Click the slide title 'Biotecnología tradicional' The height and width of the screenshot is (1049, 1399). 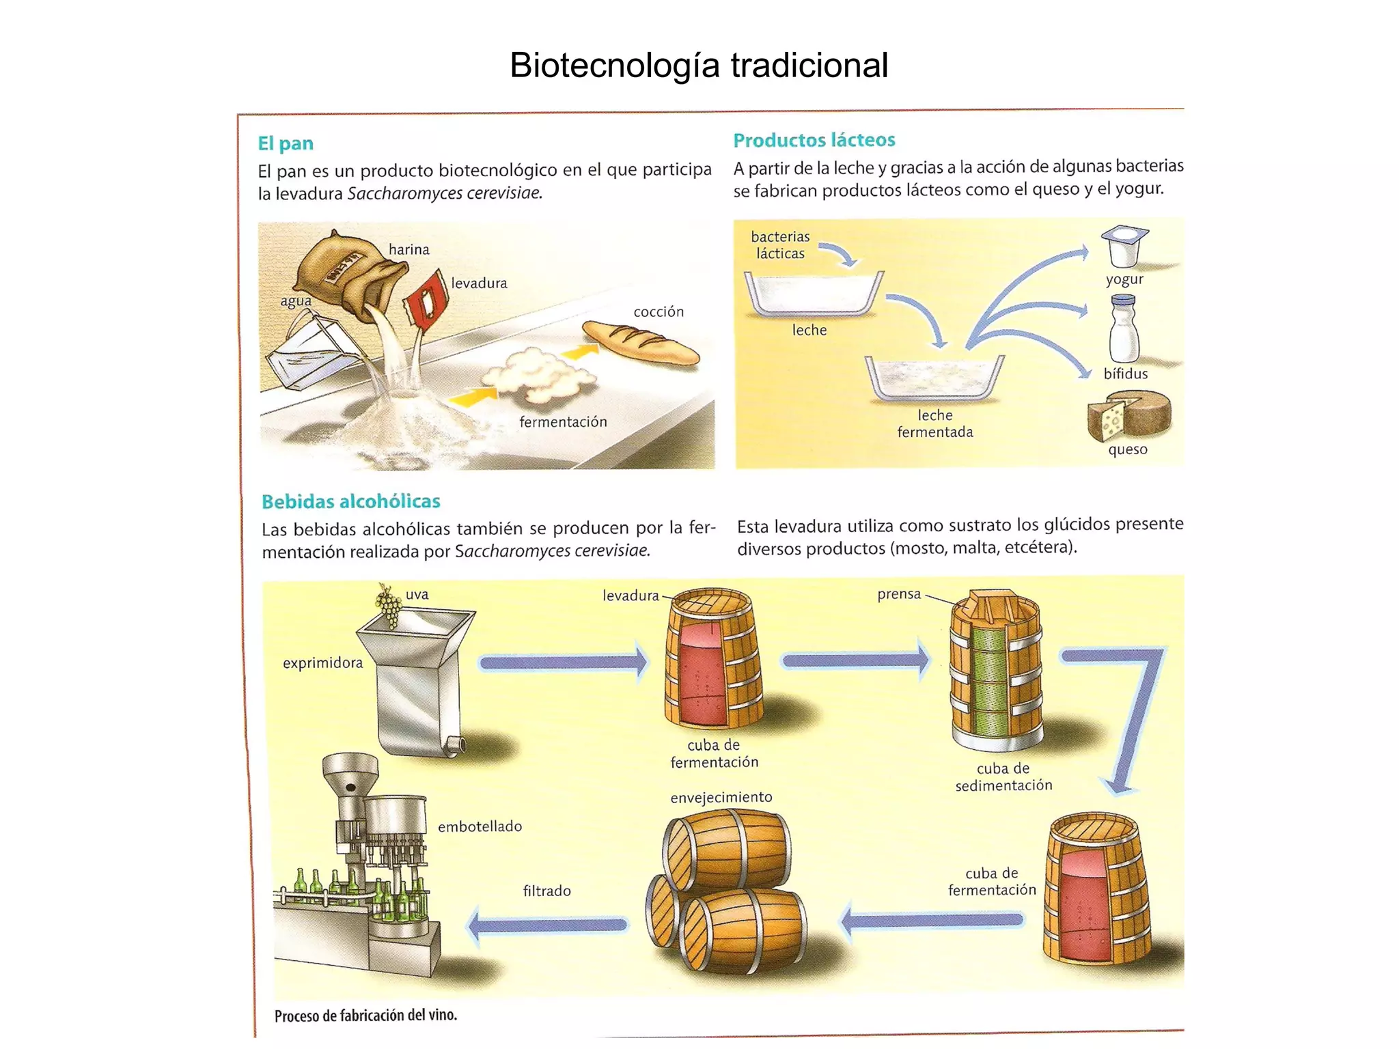coord(698,66)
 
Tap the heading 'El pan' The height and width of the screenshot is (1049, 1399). coord(286,143)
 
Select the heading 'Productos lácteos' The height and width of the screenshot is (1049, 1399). coord(814,140)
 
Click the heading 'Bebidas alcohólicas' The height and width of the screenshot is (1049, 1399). coord(351,501)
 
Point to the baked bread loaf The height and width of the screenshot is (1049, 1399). coord(640,342)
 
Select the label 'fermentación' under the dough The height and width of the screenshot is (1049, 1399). coord(563,422)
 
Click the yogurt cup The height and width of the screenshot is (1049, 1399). coord(1124,246)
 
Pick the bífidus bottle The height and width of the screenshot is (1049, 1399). coord(1124,329)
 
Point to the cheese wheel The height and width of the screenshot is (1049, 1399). coord(1129,416)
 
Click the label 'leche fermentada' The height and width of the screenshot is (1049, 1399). coord(934,423)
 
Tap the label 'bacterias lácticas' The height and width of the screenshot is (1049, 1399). coord(779,245)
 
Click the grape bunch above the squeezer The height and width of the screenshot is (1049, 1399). coord(389,604)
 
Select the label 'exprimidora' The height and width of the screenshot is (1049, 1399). coord(322,662)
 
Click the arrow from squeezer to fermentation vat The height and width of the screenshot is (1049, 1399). coord(564,662)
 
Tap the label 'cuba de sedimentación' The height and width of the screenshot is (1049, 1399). coord(1003,777)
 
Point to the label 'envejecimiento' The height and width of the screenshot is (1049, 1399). coord(721,797)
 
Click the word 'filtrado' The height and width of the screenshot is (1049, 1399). coord(546,891)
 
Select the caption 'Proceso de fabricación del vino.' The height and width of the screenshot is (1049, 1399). coord(365,1016)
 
